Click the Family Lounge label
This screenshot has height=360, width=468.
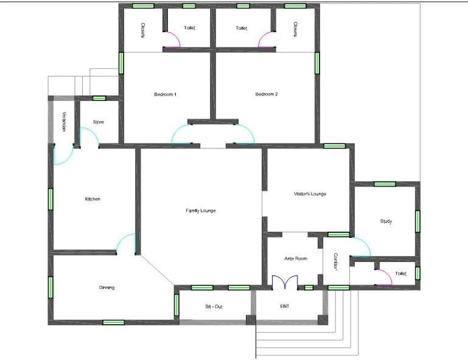pos(201,210)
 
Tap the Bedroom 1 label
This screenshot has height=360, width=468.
pos(165,94)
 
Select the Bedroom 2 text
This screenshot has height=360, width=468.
pos(267,94)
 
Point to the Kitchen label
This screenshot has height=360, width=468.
pos(93,199)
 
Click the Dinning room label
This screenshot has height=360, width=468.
pos(107,288)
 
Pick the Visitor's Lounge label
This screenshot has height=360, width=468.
pos(310,194)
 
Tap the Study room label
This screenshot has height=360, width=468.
pos(386,221)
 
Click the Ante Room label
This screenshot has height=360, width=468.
pos(296,258)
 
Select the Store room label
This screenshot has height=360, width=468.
pos(98,122)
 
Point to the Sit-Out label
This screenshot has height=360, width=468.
pos(214,306)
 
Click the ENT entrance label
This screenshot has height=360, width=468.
pos(284,306)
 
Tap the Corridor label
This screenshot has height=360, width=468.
pos(335,262)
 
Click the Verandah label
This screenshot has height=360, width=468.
pos(64,122)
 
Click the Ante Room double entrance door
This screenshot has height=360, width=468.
pos(285,282)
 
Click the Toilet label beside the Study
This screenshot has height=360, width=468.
pos(400,274)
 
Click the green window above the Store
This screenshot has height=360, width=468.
pos(99,98)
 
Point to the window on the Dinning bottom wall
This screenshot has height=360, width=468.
pos(113,322)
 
